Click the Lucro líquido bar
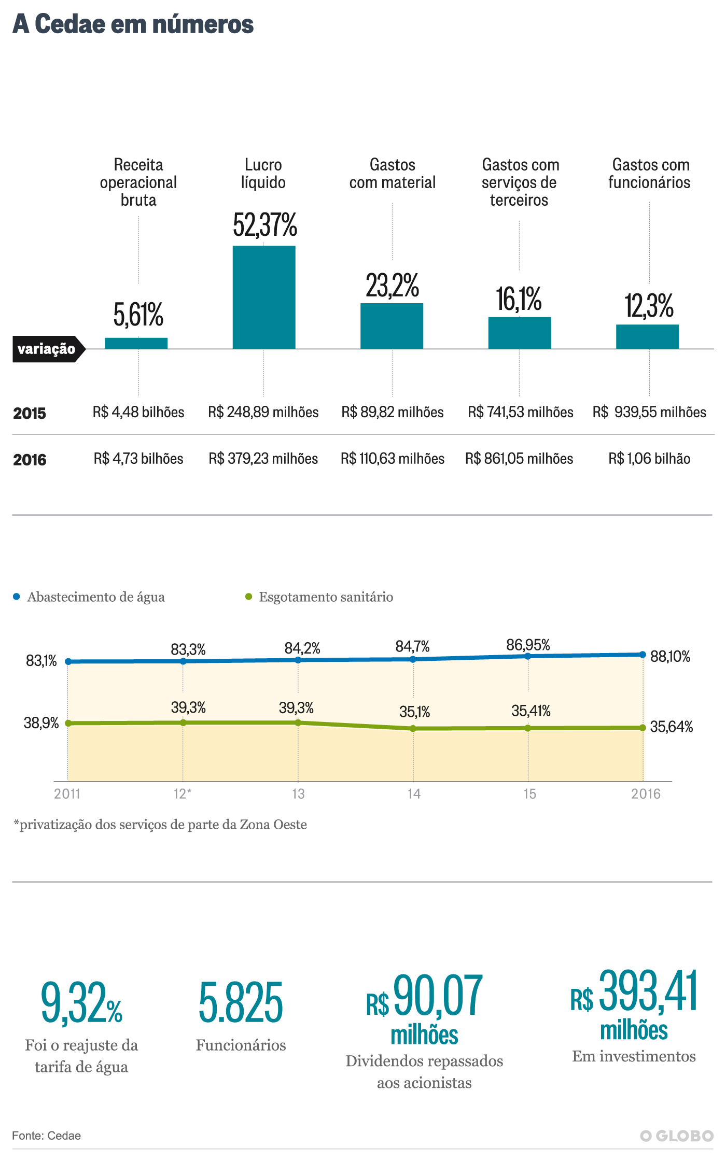(264, 297)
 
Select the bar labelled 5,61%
(136, 343)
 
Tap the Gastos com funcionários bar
(647, 336)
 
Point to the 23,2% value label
(392, 286)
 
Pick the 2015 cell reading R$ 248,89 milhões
(263, 412)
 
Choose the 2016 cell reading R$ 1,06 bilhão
(649, 459)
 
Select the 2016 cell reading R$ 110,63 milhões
(393, 459)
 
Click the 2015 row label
(30, 413)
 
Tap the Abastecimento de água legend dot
(17, 597)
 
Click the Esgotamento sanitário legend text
(326, 597)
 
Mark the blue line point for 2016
(643, 655)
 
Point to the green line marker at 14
(413, 728)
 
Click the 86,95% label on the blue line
(528, 645)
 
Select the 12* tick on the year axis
(183, 794)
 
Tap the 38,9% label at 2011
(41, 723)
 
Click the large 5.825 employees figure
(241, 1003)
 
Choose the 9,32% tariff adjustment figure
(81, 1003)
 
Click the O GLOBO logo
(677, 1136)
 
